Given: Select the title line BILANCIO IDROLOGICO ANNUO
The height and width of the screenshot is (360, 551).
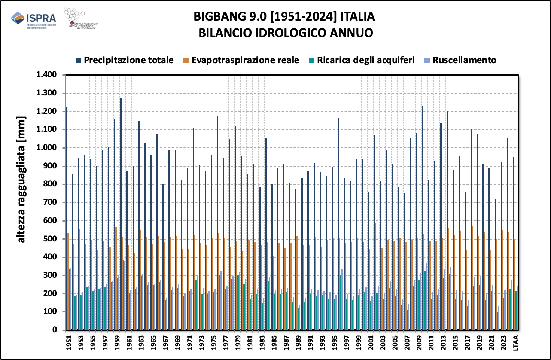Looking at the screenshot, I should coord(286,33).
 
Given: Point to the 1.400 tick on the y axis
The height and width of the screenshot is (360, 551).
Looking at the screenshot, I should coord(46,75).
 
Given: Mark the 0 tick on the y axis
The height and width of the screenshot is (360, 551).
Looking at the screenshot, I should coord(55,330).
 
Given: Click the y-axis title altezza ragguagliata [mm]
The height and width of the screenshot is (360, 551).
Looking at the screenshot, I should coord(21,180).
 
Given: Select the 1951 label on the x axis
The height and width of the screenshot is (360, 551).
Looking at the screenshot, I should coord(69,342).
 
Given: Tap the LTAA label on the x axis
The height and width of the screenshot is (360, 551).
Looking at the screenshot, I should coord(516,342).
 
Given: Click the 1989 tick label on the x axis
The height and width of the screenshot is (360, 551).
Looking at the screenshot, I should coord(298,342).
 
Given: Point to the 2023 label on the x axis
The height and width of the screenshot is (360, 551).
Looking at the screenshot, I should coord(503,342).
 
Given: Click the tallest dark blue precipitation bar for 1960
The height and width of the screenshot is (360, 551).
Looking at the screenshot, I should coord(121,213).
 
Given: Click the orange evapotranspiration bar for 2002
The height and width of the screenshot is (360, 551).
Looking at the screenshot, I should coord(375,277).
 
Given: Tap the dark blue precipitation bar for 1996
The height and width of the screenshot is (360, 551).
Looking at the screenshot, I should coord(338,225).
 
